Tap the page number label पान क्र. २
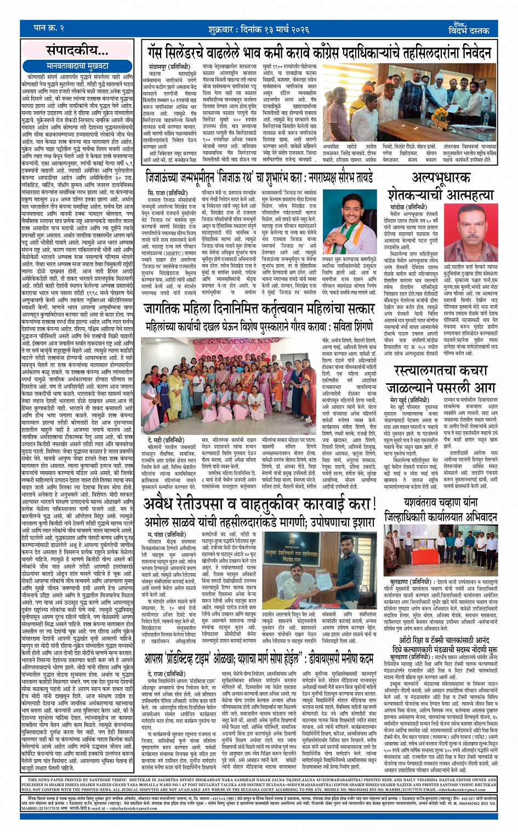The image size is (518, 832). coord(49,27)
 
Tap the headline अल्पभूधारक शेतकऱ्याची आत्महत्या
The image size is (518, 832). coord(441,186)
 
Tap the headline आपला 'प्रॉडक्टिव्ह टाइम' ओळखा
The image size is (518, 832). coord(260,658)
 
